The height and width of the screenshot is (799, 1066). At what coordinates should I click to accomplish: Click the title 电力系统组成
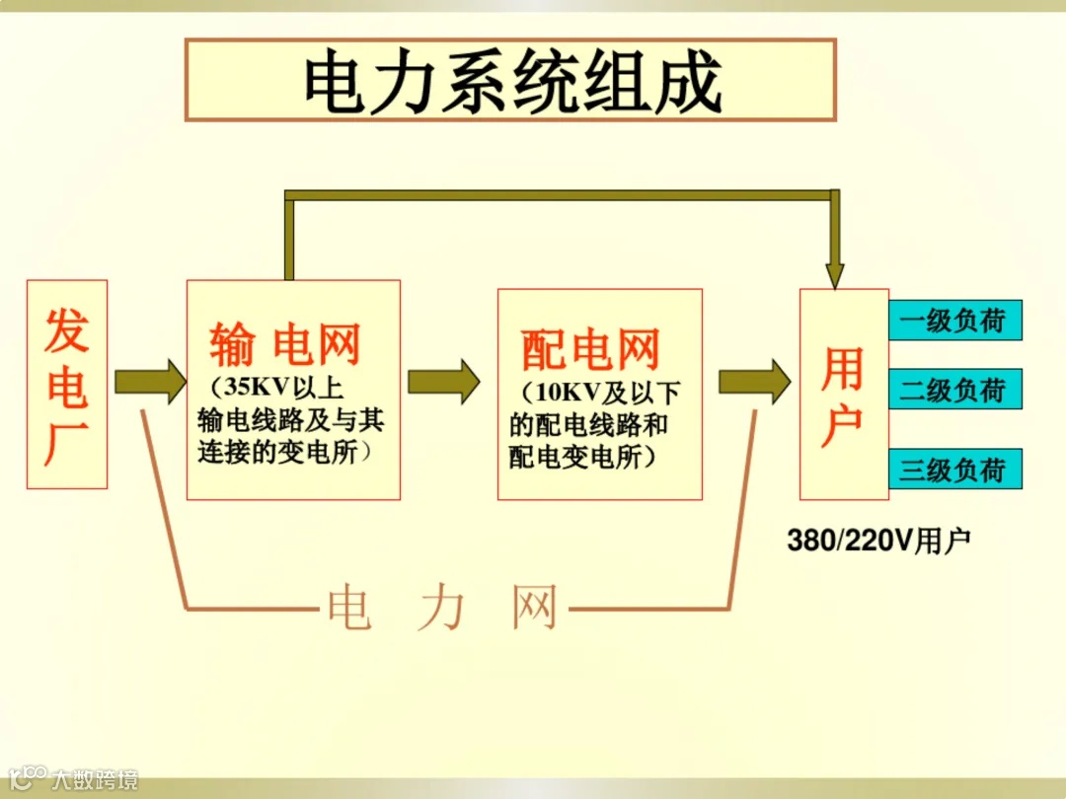pyautogui.click(x=511, y=81)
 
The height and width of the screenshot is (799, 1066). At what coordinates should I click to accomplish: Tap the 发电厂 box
pyautogui.click(x=67, y=385)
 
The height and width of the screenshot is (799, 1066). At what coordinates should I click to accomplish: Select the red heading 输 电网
pyautogui.click(x=285, y=345)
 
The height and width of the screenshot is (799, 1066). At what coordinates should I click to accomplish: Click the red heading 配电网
pyautogui.click(x=590, y=349)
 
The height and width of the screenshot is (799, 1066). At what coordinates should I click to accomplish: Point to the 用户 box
pyautogui.click(x=843, y=395)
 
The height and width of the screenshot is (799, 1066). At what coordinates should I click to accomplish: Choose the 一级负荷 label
pyautogui.click(x=953, y=321)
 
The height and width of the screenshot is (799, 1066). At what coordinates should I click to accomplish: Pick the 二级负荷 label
pyautogui.click(x=953, y=390)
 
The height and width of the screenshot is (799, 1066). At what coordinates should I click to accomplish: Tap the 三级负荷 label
pyautogui.click(x=953, y=469)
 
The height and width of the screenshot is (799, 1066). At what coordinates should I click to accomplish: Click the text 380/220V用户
pyautogui.click(x=878, y=541)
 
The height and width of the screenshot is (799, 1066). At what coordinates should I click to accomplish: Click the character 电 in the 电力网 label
pyautogui.click(x=349, y=608)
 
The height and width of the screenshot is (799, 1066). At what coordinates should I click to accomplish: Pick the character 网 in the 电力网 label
pyautogui.click(x=534, y=608)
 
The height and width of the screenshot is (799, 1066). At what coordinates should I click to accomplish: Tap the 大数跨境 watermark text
pyautogui.click(x=95, y=780)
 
